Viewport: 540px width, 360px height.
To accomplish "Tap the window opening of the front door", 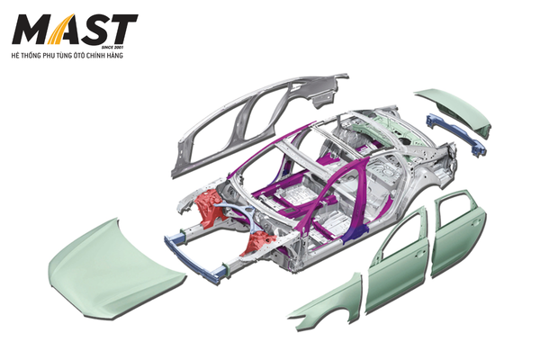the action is click(403, 234).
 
